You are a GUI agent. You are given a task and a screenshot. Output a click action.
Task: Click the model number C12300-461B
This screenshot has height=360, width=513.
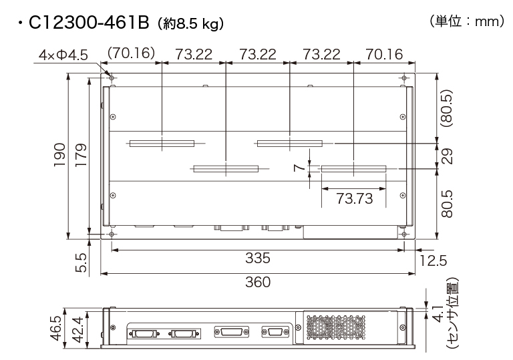(88, 24)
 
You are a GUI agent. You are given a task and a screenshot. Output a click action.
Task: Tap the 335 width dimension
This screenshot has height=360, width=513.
(257, 258)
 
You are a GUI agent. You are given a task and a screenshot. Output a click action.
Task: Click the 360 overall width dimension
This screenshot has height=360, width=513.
(257, 282)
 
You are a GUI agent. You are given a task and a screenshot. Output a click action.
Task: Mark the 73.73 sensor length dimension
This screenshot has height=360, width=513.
(353, 198)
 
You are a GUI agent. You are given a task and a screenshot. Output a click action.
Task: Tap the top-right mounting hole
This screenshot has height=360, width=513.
(403, 77)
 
